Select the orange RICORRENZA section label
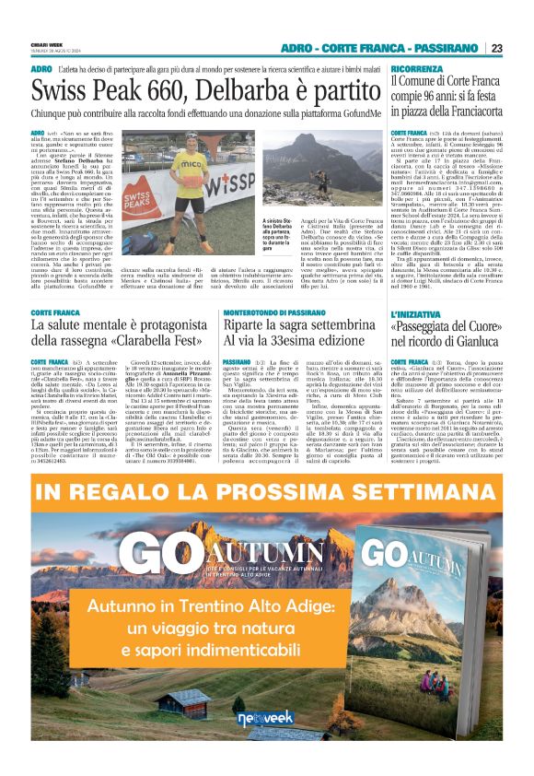click(x=415, y=70)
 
